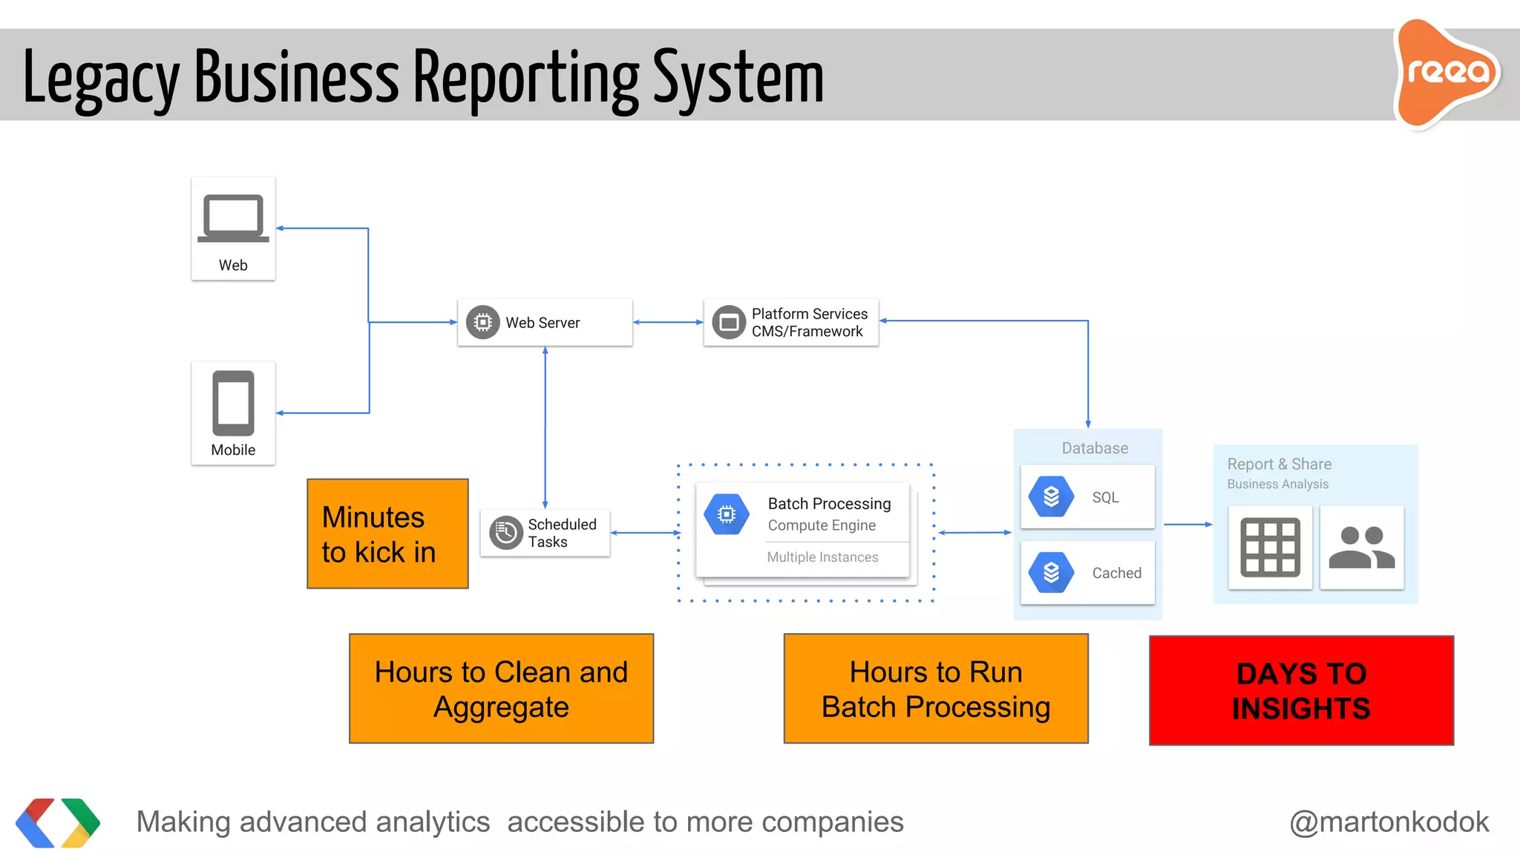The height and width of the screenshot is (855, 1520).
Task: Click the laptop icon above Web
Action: point(233,218)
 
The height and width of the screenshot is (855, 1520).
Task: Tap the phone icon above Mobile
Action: point(233,403)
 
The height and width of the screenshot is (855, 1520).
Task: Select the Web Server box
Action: point(545,322)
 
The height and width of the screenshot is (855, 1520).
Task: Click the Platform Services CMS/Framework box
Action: point(791,322)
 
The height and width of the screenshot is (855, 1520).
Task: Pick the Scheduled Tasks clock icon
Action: point(506,533)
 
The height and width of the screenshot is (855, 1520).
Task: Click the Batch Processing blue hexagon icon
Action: point(727,514)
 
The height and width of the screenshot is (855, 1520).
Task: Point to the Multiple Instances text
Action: point(822,557)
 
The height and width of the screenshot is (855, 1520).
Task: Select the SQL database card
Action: point(1087,497)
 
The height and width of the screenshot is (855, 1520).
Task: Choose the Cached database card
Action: point(1087,572)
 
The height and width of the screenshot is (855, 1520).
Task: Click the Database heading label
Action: point(1095,448)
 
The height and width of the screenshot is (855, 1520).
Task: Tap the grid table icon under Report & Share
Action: point(1270,548)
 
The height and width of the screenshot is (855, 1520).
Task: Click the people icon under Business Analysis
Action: point(1361,548)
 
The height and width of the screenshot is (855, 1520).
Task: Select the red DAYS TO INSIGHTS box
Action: point(1301,690)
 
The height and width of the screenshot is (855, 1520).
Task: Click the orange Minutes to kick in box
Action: point(387,534)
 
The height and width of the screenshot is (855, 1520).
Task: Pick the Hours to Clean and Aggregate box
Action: point(501,689)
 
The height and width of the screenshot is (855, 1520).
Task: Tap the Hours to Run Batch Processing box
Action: point(936,689)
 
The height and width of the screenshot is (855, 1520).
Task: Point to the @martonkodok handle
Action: point(1389,822)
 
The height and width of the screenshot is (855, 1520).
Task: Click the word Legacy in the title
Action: point(100,78)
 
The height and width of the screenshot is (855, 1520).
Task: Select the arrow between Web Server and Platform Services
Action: point(668,322)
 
